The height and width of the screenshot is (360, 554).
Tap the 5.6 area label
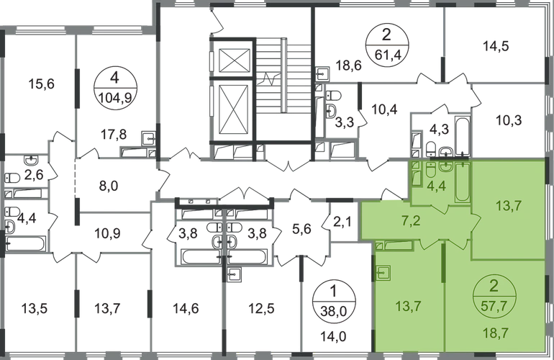301,232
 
